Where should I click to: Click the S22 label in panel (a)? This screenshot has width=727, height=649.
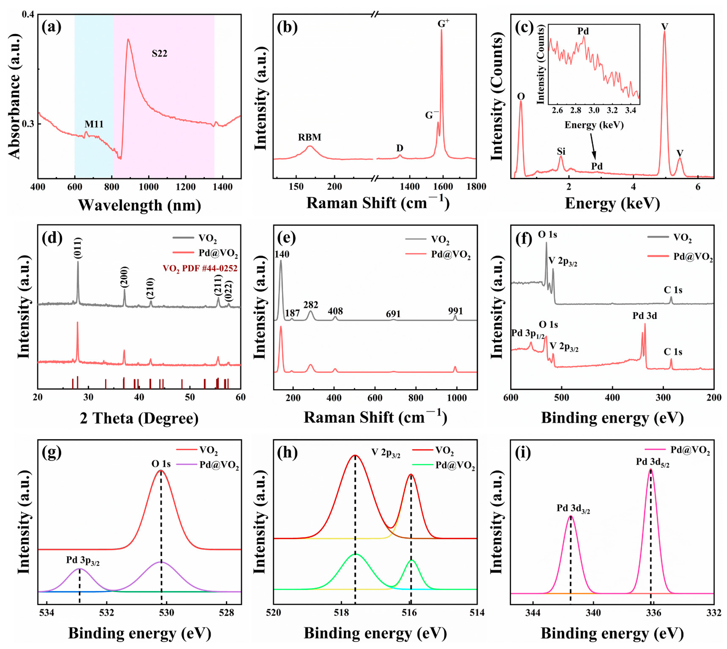(x=159, y=54)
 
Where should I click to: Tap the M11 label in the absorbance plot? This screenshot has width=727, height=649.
(x=94, y=124)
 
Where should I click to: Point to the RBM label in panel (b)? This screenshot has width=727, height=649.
(x=310, y=137)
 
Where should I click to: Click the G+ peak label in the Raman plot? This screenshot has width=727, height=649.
(x=443, y=23)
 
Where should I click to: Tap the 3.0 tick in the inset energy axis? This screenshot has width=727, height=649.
(x=594, y=110)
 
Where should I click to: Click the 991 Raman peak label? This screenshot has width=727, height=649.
(x=455, y=311)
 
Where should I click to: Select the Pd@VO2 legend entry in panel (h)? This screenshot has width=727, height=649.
(x=455, y=466)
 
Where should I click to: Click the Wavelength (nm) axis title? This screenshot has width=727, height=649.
(x=139, y=205)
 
